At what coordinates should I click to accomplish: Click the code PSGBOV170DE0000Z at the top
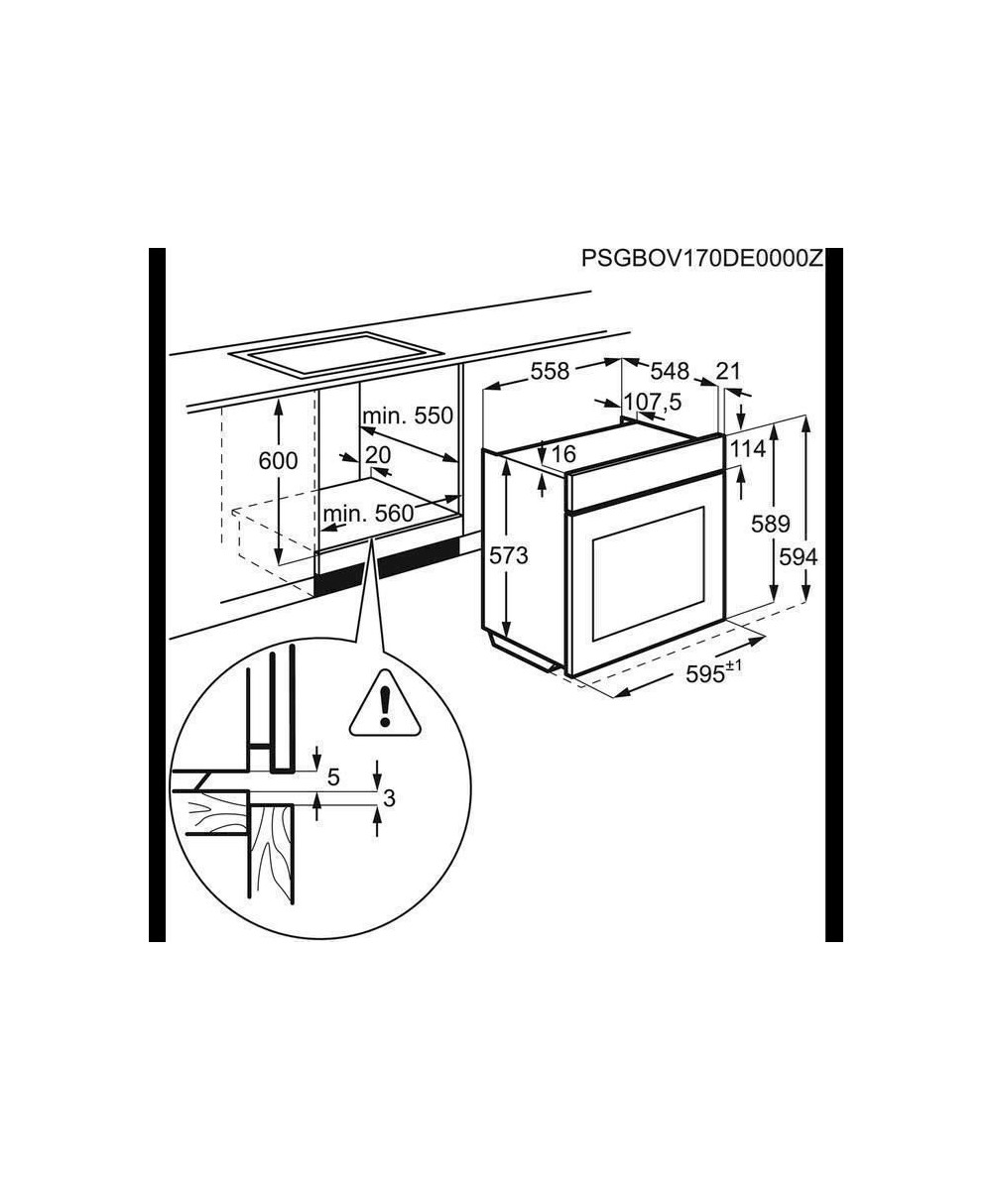coord(702,258)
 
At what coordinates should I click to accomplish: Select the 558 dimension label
coord(551,372)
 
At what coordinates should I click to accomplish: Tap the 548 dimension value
coord(670,372)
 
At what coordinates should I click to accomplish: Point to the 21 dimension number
coord(727,372)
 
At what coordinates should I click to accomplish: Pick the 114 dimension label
coord(749,449)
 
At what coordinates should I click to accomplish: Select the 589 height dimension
coord(770,524)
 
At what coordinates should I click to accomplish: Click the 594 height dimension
coord(799,556)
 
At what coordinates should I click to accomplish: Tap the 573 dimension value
coord(509,555)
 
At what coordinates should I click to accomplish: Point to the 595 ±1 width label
coord(714,673)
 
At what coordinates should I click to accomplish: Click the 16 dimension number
coord(563,454)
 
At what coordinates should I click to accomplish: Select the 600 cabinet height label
coord(278,460)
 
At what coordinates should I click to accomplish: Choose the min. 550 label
coord(408,416)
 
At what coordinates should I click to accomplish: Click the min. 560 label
coord(368,514)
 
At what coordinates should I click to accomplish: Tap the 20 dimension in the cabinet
coord(378,455)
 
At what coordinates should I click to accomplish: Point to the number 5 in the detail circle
coord(333,776)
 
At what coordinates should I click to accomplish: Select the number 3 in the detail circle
coord(390,798)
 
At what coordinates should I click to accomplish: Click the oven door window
coord(649,574)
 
